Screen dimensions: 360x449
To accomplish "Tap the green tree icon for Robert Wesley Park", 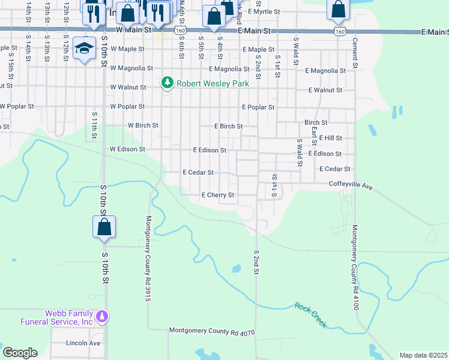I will click(168, 83).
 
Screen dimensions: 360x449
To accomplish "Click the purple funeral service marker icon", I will click(103, 316).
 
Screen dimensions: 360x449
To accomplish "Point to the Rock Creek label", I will click(310, 314).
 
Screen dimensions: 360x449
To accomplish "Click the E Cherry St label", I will click(217, 195).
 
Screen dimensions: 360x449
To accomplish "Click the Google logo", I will click(20, 352).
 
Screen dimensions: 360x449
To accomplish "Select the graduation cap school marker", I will click(85, 48).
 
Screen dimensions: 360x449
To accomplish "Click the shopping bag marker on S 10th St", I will click(104, 227).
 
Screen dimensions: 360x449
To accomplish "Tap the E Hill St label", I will click(330, 138).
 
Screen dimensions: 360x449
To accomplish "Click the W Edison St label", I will click(127, 149).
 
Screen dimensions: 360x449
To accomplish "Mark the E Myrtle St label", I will click(259, 11).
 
